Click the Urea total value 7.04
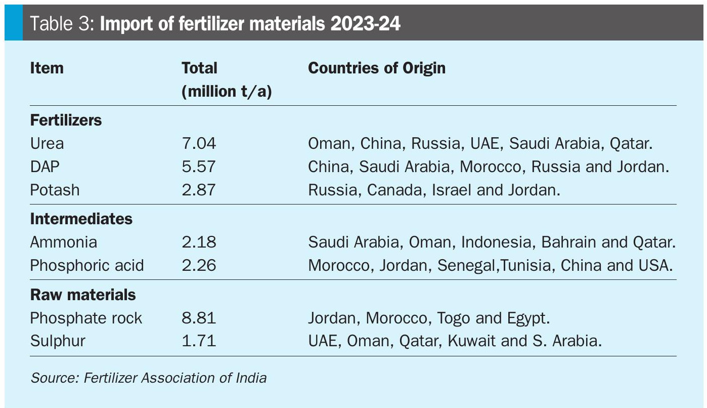(199, 143)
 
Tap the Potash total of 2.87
(199, 190)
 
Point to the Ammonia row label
(63, 242)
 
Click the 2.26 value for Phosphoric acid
(199, 265)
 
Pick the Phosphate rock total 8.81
(199, 318)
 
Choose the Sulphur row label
(58, 341)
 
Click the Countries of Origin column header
(377, 68)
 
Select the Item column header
(47, 68)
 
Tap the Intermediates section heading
(81, 219)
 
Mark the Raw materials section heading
(83, 295)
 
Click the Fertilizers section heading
(66, 120)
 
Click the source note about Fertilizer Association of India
(149, 378)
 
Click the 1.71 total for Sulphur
(199, 341)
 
